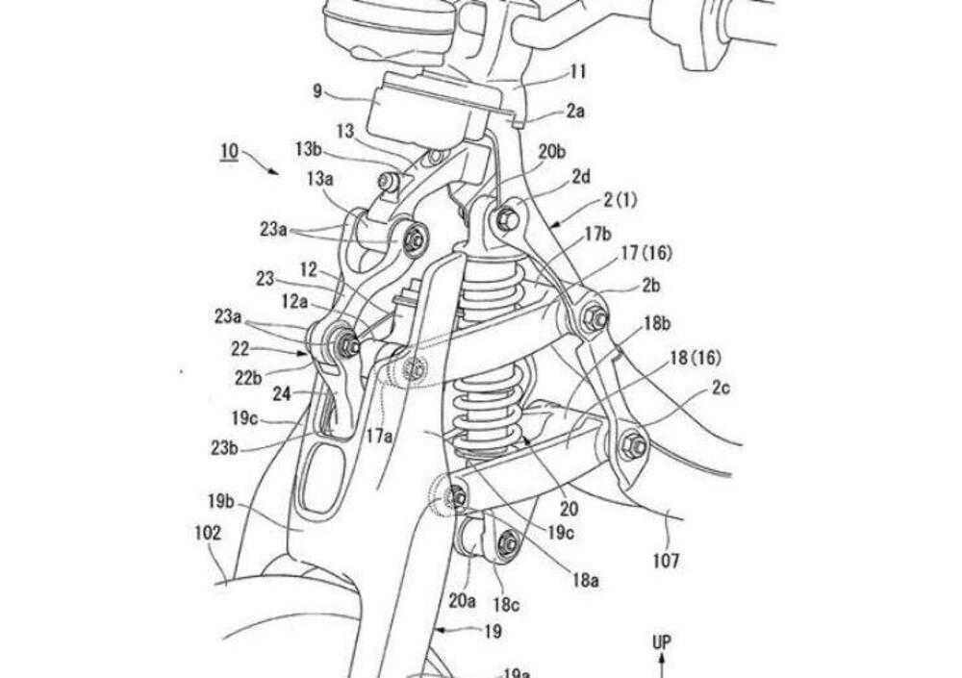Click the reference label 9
tap(319, 93)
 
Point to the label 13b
tap(309, 149)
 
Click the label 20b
tap(552, 151)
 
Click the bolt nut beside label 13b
tap(387, 182)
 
